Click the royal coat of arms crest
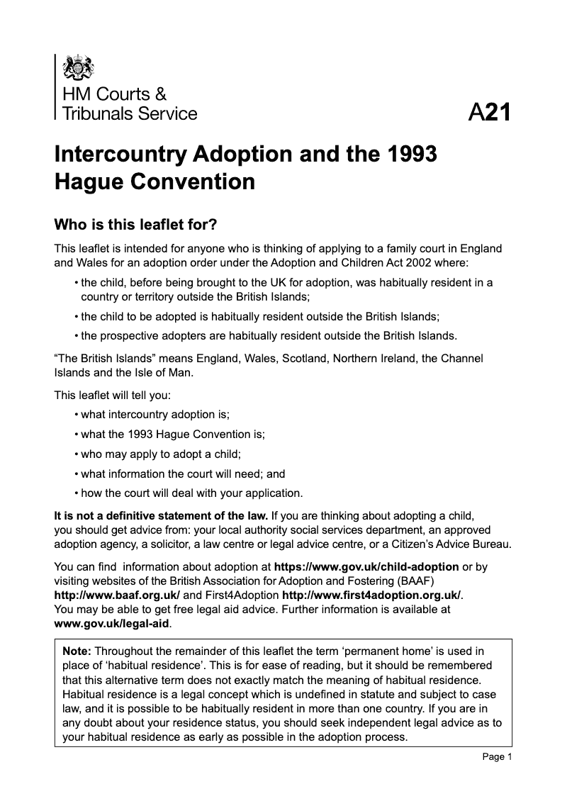coord(78,69)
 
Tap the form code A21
coord(489,113)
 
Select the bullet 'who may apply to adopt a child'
coord(166,454)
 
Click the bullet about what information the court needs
coord(183,474)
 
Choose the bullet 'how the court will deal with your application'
coord(191,493)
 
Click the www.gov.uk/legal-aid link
coord(113,624)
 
